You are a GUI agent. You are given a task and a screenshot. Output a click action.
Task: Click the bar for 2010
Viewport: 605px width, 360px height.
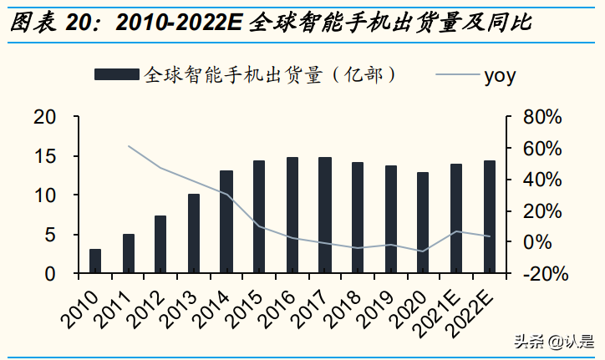tap(95, 261)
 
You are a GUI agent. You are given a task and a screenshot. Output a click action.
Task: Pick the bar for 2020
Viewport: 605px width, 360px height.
tap(423, 223)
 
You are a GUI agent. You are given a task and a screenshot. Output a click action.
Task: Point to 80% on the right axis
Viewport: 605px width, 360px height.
tap(544, 117)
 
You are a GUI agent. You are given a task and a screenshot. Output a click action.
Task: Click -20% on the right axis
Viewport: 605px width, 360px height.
tap(544, 274)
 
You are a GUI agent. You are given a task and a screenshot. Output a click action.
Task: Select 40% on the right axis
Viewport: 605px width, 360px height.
tap(544, 180)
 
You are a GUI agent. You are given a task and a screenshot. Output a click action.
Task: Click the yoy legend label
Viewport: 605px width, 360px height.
tap(500, 76)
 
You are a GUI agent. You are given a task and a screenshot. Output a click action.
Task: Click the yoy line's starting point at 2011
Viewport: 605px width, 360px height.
tap(128, 146)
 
